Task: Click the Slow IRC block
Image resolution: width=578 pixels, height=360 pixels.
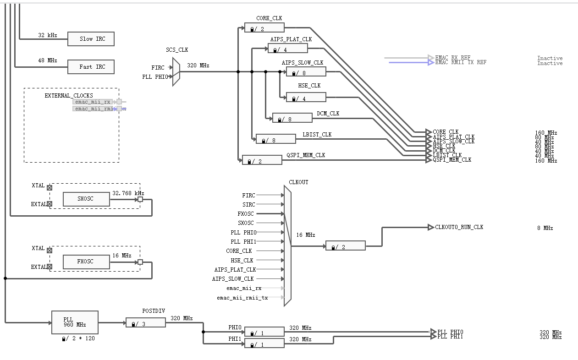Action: click(x=91, y=39)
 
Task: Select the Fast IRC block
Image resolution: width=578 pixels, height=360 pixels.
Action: click(x=91, y=67)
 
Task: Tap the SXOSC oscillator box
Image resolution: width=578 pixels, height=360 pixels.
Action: click(x=86, y=199)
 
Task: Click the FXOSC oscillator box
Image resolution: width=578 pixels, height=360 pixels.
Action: click(x=86, y=262)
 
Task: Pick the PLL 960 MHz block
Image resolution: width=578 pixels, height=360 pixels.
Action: click(x=75, y=322)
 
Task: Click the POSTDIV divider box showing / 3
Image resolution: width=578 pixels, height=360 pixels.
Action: click(x=145, y=323)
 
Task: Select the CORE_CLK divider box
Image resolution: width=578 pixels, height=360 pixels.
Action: click(x=264, y=28)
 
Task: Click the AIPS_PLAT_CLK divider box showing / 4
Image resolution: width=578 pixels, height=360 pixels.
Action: click(x=287, y=49)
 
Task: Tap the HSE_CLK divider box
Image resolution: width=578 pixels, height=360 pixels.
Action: click(x=306, y=97)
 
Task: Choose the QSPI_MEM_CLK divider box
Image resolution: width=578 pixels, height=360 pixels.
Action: click(x=262, y=160)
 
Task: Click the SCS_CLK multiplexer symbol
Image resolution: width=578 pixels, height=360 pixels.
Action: click(x=176, y=71)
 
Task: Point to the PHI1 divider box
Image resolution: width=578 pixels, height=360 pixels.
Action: click(x=264, y=343)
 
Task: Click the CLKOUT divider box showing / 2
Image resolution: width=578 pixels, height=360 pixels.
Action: click(x=345, y=246)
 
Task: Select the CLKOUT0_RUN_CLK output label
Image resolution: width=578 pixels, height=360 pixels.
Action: click(x=459, y=227)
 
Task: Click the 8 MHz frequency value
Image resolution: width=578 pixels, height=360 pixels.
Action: click(x=545, y=228)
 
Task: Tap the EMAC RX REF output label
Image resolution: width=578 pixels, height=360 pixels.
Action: click(x=452, y=58)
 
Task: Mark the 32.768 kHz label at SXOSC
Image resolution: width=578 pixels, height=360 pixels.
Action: click(x=128, y=193)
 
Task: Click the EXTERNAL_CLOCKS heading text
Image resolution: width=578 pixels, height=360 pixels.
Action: click(x=69, y=96)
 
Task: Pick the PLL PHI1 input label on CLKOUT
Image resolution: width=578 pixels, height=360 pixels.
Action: click(x=243, y=242)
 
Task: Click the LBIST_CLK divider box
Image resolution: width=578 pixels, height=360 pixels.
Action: click(x=275, y=139)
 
